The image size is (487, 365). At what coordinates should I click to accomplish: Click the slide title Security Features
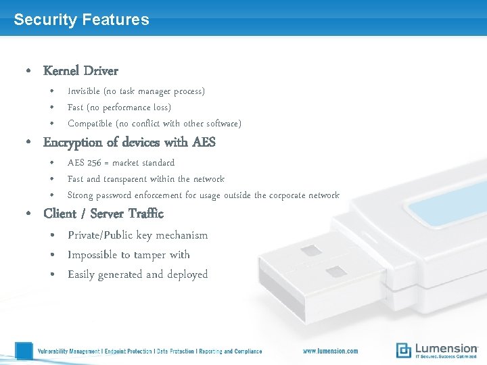(x=81, y=20)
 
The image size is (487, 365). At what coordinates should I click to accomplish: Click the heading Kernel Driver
(x=80, y=70)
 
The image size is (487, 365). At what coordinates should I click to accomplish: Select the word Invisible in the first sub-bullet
(x=84, y=91)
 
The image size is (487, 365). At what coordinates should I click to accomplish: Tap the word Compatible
(x=90, y=124)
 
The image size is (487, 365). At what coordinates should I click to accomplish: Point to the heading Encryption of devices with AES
(x=129, y=142)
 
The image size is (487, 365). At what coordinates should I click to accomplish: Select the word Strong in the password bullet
(x=80, y=195)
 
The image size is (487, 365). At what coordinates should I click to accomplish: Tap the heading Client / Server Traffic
(x=103, y=214)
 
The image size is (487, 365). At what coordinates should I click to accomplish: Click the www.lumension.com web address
(x=330, y=351)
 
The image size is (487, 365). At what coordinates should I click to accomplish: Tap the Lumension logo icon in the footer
(x=404, y=350)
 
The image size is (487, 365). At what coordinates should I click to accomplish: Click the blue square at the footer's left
(x=24, y=351)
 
